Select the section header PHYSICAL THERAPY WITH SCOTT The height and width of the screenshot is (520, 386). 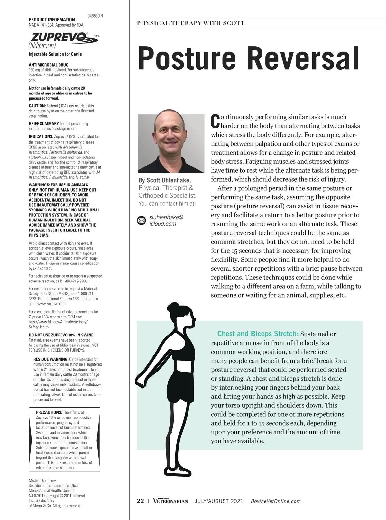point(191,23)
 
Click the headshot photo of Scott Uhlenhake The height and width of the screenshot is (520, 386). point(171,143)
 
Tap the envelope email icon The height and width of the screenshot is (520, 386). point(141,220)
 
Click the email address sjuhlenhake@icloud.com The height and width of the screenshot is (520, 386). point(166,220)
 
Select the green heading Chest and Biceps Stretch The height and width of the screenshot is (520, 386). point(258,334)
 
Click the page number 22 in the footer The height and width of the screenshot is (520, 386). point(141,501)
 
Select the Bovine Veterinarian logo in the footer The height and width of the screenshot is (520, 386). point(170,501)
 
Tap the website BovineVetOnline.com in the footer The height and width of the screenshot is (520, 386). point(275,501)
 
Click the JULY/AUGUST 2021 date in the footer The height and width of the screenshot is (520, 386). point(219,501)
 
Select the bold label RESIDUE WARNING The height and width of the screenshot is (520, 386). point(51,359)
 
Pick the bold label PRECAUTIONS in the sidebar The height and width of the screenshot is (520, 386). point(49,412)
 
